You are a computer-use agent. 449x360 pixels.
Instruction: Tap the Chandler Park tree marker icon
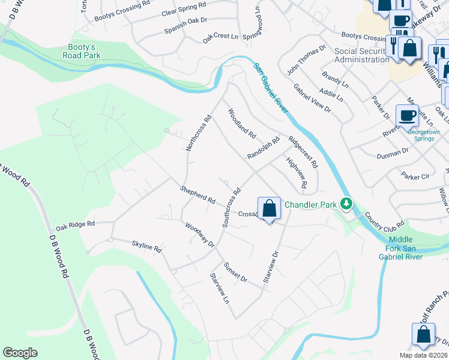(345, 205)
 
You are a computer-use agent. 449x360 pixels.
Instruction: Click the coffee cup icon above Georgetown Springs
(407, 115)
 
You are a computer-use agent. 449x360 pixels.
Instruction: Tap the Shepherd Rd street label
(197, 195)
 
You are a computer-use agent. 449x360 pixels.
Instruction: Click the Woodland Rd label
(241, 122)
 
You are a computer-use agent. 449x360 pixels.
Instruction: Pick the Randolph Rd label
(264, 148)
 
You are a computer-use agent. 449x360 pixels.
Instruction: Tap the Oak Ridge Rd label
(76, 225)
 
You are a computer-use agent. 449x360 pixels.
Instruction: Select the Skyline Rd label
(146, 245)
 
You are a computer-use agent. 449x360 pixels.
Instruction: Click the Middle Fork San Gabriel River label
(413, 247)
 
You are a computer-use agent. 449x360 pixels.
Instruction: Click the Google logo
(20, 353)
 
